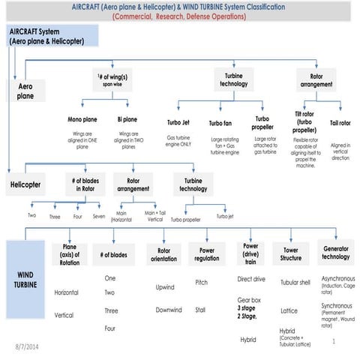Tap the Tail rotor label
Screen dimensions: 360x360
pyautogui.click(x=340, y=124)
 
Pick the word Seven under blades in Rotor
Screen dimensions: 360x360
pyautogui.click(x=99, y=216)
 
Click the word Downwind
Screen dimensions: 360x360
pyautogui.click(x=168, y=310)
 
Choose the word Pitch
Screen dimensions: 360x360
pyautogui.click(x=202, y=283)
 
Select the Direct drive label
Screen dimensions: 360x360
pyautogui.click(x=251, y=279)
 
